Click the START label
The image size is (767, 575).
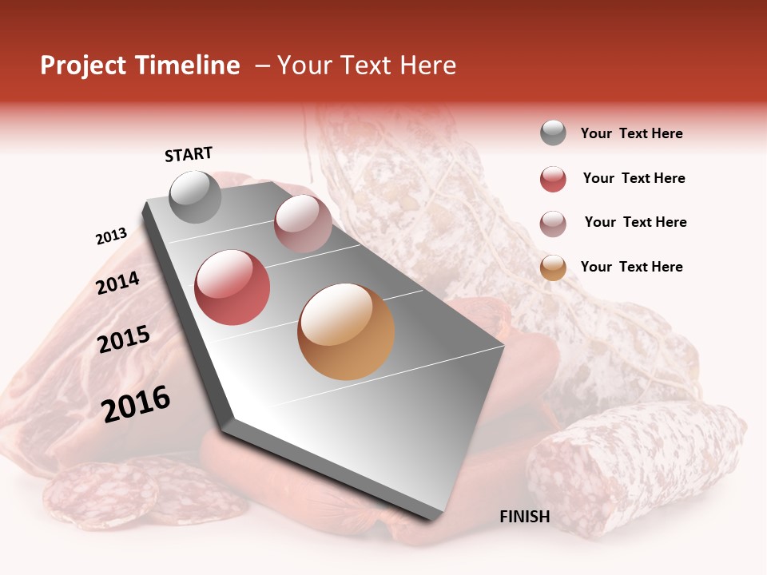coord(189,154)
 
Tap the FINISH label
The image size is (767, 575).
coord(524,517)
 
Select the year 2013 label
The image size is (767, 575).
coord(111,236)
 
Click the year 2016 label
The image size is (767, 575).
coord(136,404)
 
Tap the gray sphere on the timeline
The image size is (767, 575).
coord(195,196)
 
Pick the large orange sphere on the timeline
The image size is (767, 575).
coord(345,331)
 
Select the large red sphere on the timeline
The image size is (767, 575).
coord(232,287)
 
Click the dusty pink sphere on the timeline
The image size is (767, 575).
coord(303,224)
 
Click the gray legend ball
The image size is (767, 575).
coord(553,133)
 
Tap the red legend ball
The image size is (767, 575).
coord(553,179)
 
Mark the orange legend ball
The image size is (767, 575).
coord(553,268)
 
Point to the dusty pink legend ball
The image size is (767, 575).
coord(553,223)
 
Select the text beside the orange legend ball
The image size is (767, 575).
coord(631,267)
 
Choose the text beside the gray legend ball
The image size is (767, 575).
coord(631,133)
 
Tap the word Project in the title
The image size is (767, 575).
coord(84,65)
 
